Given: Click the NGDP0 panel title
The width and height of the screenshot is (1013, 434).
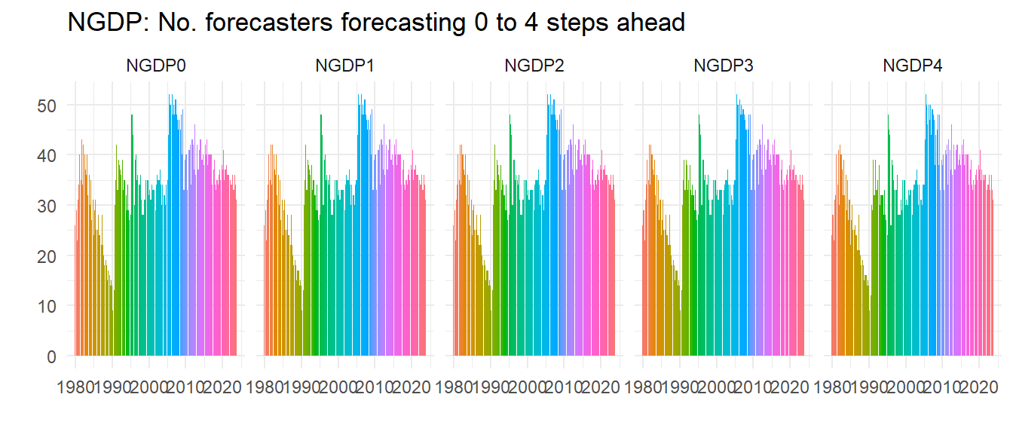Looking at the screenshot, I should coord(156,66).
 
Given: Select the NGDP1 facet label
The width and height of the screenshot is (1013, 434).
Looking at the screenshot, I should coord(345,66).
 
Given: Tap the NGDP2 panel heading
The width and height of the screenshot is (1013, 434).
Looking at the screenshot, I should coord(534,66).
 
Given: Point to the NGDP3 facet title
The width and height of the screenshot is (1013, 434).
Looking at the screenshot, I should coord(724,66).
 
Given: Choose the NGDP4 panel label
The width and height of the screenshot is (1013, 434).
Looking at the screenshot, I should coord(913,66).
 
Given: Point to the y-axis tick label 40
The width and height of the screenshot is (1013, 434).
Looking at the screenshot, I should coord(47,155).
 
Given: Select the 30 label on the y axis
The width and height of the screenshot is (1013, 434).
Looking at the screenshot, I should coord(47,206).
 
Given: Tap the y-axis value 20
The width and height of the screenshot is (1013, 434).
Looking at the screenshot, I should coord(47,256).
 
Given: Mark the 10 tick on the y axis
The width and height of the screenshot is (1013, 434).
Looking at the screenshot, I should coord(47,306).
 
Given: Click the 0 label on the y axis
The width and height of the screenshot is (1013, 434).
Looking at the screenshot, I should coord(51,356).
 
